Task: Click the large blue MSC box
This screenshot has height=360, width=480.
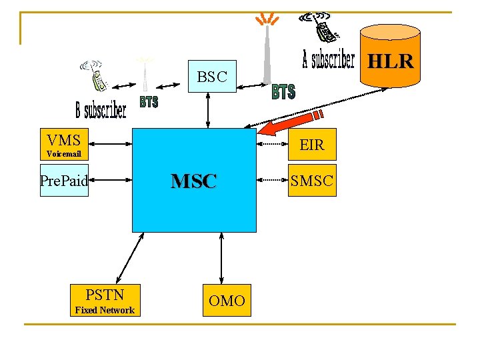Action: (x=194, y=180)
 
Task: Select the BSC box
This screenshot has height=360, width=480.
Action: (x=212, y=77)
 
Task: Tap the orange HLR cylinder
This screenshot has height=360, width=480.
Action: (x=391, y=57)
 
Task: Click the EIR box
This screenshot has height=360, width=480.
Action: (x=311, y=144)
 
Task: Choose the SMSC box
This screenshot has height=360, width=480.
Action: (x=312, y=180)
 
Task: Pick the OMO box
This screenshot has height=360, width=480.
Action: (x=227, y=301)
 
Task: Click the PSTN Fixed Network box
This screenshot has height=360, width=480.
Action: (x=105, y=300)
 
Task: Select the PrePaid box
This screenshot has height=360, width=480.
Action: (x=64, y=180)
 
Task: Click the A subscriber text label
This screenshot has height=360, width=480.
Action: (x=328, y=59)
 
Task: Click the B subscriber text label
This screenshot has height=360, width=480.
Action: (x=101, y=108)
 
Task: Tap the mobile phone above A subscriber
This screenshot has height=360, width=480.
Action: (x=322, y=27)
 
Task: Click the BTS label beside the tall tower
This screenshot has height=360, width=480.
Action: (x=283, y=92)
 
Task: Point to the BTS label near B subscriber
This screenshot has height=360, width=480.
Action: (x=149, y=102)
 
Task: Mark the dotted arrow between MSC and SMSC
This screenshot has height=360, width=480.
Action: (x=273, y=180)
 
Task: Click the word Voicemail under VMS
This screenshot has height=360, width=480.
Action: (x=64, y=154)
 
